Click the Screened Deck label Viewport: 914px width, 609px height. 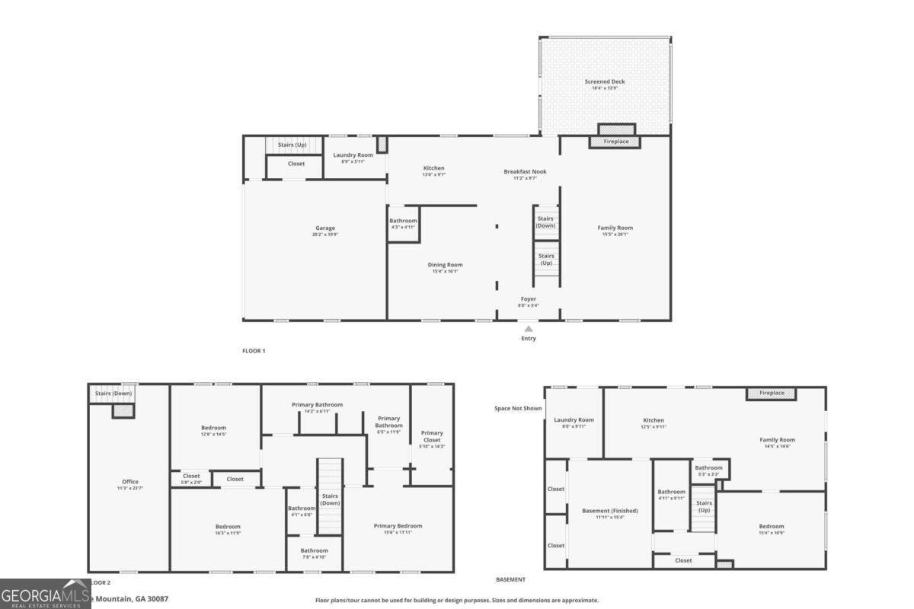coord(605,82)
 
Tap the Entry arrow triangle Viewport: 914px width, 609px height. coord(528,328)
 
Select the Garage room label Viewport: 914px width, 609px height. coord(325,228)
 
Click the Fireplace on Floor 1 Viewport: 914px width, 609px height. coord(615,142)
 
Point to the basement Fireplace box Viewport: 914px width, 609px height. coord(771,394)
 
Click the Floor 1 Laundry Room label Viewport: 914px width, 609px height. coord(353,155)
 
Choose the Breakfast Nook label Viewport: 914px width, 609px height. coord(525,172)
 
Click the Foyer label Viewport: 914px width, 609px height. coord(529,299)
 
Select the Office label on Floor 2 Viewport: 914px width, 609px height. coord(130,482)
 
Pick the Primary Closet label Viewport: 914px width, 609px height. coord(432,433)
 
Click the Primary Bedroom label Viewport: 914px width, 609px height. coord(398,526)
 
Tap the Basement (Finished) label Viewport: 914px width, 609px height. coord(609,511)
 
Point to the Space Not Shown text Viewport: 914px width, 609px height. coord(518,409)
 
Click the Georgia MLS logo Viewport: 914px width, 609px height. coord(46,594)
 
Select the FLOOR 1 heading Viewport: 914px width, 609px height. coord(254,351)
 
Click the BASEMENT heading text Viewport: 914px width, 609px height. coord(510,579)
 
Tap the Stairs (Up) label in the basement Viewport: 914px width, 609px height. coord(704,506)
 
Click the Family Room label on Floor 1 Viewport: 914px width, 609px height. coord(615,228)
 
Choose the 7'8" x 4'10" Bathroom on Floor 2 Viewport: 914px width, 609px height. coord(314,551)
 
